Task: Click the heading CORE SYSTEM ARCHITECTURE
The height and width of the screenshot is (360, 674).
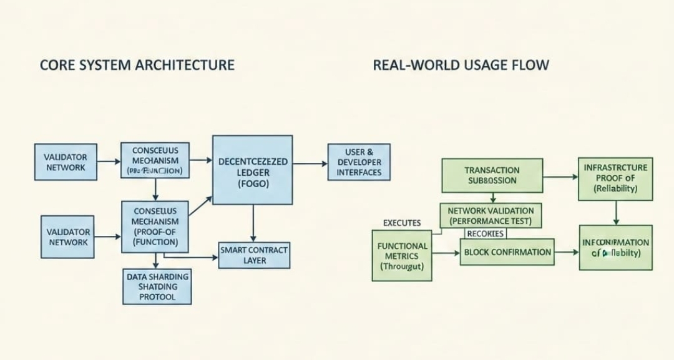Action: coord(137,65)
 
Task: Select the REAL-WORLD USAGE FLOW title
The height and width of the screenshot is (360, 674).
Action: coord(461,65)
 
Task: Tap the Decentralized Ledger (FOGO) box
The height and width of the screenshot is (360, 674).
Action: coord(253,170)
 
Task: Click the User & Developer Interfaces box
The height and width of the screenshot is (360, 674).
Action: coord(359,162)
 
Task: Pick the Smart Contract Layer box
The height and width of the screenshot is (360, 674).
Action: coord(254,255)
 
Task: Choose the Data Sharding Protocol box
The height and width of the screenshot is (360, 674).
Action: coord(157,286)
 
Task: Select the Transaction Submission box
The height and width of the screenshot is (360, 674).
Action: coord(492,175)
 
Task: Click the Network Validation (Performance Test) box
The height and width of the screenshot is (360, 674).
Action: coord(491,216)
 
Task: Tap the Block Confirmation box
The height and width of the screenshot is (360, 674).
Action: coord(507,252)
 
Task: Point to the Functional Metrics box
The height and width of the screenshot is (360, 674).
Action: coord(402,255)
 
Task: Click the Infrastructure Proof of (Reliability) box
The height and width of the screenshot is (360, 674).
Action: coord(615,178)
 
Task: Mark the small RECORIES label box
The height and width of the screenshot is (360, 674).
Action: coord(484,233)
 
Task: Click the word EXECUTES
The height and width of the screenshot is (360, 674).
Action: coord(401,223)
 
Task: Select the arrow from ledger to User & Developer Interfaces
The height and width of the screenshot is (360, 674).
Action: coord(310,163)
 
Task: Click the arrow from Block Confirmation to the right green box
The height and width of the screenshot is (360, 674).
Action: coord(566,252)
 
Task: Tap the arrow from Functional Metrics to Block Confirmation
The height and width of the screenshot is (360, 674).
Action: coord(446,253)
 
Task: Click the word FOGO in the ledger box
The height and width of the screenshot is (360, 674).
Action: coord(253,184)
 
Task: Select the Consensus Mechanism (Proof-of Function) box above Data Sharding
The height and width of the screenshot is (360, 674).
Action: coord(155,226)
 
